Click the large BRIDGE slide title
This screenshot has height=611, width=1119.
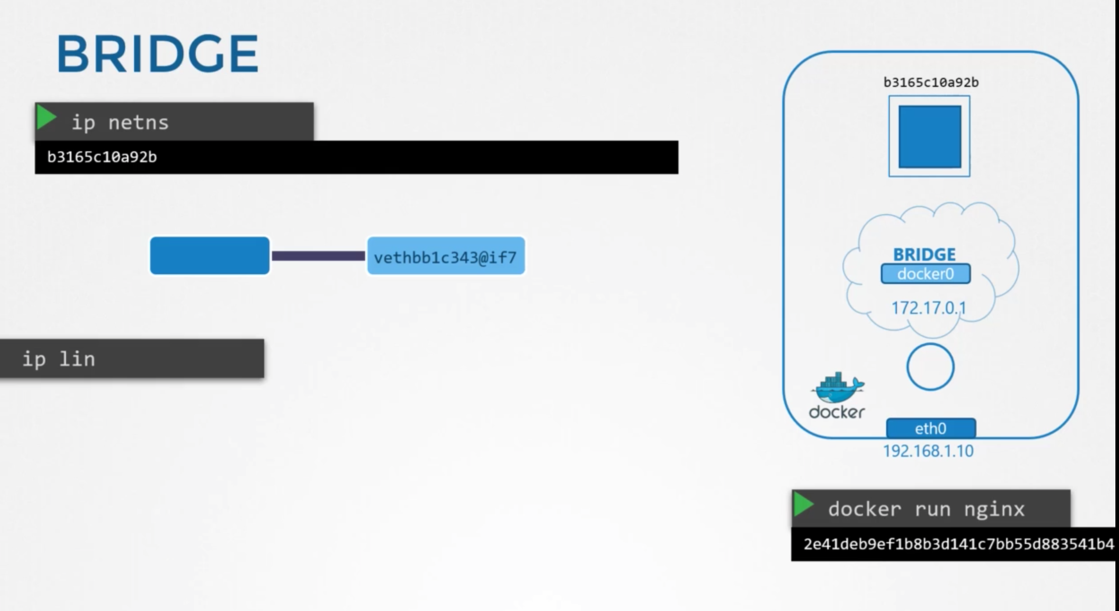(157, 54)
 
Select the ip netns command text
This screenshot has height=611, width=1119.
(120, 123)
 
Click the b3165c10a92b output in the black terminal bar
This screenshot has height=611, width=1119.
(102, 157)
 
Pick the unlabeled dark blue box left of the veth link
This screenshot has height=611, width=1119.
(210, 255)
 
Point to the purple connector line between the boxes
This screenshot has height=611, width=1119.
(318, 256)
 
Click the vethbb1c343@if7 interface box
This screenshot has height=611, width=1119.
(446, 256)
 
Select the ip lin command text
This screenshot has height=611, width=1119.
(59, 359)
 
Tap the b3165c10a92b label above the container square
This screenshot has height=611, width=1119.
(931, 83)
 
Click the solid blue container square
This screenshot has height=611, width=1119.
(930, 136)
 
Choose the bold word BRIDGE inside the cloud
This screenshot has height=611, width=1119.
(924, 255)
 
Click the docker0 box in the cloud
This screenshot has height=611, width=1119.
(926, 274)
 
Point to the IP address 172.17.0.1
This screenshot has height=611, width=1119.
(928, 308)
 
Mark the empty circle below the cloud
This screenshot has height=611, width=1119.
(930, 367)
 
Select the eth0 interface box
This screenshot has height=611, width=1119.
(931, 428)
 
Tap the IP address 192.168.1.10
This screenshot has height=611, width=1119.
(928, 451)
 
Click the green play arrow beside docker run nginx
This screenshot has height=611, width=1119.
(803, 504)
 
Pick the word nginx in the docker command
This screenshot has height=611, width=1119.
(994, 509)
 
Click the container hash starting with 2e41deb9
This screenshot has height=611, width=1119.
(958, 544)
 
